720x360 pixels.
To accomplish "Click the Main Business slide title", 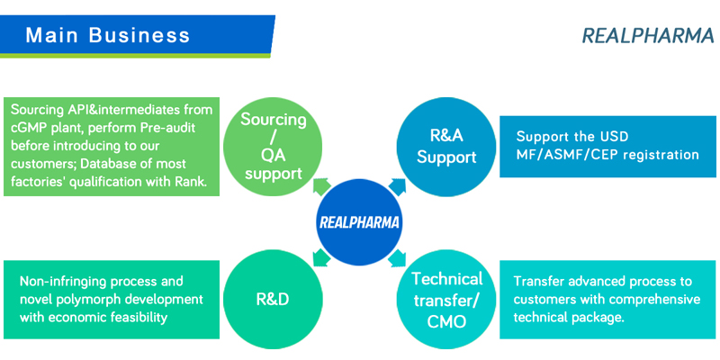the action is pos(107,35).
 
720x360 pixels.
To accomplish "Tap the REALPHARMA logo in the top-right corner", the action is pos(648,36).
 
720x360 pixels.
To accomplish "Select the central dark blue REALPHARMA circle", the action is pos(359,222).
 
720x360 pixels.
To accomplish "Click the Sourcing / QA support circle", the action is pos(273,147).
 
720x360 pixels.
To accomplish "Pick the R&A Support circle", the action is pos(446,147).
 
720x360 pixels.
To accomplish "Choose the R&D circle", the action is pos(273,300).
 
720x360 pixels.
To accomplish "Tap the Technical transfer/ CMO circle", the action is pos(446,300).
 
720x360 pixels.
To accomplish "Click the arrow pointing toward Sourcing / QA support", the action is pos(322,187).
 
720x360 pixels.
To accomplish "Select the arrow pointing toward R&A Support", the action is pos(397,187).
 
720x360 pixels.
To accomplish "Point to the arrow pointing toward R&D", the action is pos(322,257).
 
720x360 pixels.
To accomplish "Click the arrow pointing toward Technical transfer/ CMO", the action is pos(397,257).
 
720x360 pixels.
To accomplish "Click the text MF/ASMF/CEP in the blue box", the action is pos(571,154).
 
